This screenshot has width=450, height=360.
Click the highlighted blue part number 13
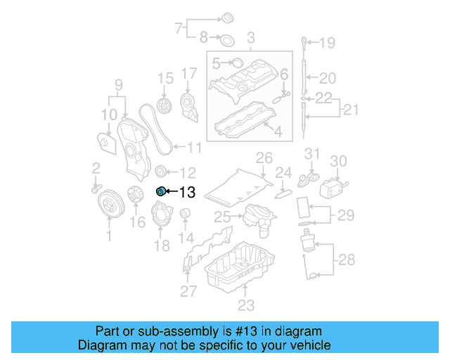point(160,191)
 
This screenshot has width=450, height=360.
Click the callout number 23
point(245,305)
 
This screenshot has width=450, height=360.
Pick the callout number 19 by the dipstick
point(328,43)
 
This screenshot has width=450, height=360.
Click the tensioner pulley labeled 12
point(160,171)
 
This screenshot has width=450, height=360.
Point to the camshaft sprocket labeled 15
point(166,107)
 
